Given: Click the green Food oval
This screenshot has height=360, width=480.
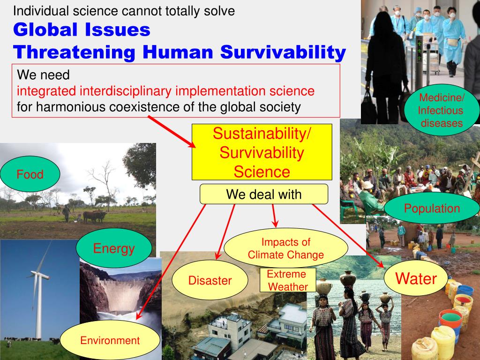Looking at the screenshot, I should pos(30,174).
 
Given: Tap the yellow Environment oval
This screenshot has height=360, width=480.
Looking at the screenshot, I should pos(110,340).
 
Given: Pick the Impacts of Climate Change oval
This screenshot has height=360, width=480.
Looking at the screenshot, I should pos(286,248).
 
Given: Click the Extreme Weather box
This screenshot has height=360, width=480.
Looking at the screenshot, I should pos(288,280).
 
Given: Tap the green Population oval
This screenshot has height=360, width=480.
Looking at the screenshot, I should pos(432,208).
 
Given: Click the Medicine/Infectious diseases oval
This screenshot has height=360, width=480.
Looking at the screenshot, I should pos(442,111).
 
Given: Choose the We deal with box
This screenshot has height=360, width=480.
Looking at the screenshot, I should pos(264,194).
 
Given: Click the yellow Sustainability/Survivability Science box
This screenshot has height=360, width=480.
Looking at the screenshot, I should pos(262,152).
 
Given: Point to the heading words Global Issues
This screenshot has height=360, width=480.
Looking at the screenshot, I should pos(82,30).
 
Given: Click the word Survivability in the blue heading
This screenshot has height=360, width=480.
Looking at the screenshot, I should pos(283,52).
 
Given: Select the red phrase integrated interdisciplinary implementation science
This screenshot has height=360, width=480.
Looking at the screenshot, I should pos(165,90).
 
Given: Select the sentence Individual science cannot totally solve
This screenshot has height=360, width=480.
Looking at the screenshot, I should pos(124,11).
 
